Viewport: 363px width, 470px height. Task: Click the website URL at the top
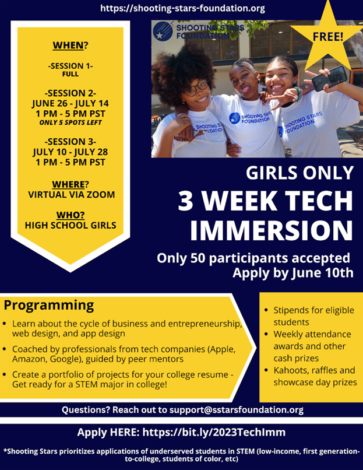click(182, 8)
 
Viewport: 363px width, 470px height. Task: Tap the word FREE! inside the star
click(328, 37)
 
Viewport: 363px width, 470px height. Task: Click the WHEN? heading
click(71, 45)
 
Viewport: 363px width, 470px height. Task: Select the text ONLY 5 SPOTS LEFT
click(71, 122)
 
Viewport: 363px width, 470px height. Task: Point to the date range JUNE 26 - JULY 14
click(71, 103)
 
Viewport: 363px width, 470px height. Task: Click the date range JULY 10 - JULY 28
click(71, 152)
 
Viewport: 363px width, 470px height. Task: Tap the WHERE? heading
click(71, 184)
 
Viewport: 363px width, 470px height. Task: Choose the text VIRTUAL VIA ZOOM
click(71, 195)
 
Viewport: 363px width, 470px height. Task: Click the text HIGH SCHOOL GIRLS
click(71, 226)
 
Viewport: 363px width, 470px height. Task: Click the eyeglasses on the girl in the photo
click(195, 88)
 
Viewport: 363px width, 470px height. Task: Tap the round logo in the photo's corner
click(163, 31)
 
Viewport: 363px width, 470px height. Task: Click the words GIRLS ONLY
click(300, 173)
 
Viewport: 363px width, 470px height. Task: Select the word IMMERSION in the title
click(272, 230)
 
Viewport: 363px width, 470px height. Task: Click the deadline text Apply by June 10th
click(293, 273)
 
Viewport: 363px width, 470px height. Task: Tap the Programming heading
click(49, 306)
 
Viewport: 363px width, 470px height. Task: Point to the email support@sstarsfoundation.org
click(237, 410)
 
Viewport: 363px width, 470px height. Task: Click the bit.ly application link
click(214, 432)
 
